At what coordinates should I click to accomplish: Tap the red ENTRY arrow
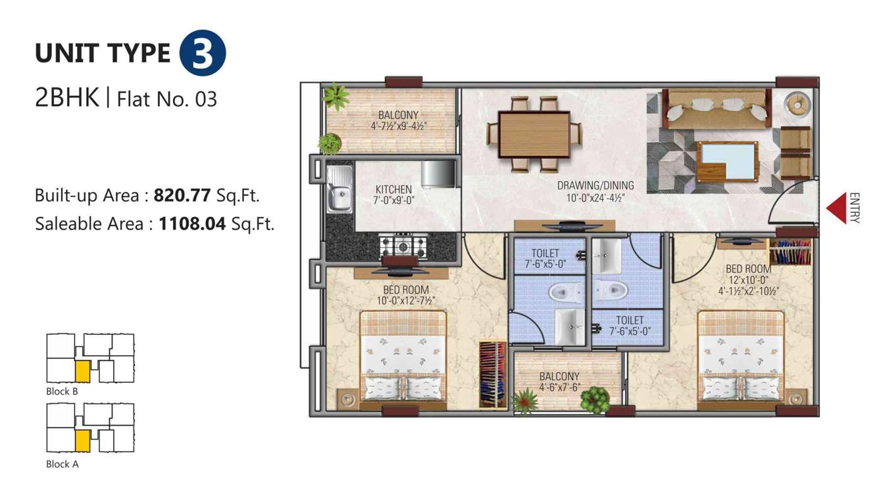(x=836, y=208)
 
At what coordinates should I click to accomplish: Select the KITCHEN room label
(x=393, y=189)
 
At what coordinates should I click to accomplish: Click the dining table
(x=534, y=134)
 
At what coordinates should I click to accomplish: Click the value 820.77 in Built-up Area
(x=182, y=195)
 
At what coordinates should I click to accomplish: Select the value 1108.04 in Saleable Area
(x=192, y=224)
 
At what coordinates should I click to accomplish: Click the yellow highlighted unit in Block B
(x=82, y=371)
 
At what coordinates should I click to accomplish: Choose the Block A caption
(x=63, y=464)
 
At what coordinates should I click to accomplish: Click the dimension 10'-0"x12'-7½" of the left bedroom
(x=406, y=301)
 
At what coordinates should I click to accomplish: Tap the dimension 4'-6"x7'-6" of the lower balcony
(x=559, y=387)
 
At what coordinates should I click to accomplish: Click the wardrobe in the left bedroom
(x=492, y=374)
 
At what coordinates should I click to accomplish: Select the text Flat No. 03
(x=166, y=99)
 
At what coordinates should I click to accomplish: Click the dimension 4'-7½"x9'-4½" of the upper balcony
(x=399, y=124)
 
